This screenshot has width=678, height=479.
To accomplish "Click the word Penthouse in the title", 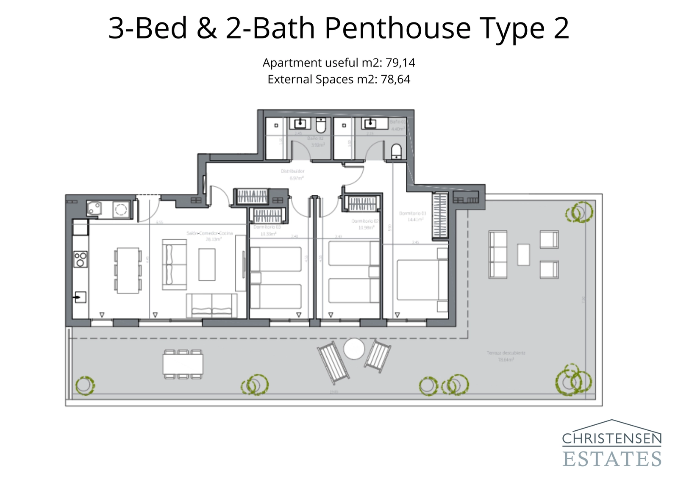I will pos(397,29).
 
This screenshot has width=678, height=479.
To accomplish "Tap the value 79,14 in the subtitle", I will pos(400,63).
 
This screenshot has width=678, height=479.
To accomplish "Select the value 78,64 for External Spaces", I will pos(395,80).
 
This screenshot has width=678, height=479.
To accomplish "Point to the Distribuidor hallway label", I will pos(292,172).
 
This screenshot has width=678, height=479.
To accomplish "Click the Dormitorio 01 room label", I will pos(412,213).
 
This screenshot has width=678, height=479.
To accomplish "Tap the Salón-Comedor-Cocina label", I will pos(210,233).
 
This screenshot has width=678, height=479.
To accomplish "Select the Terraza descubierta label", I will pos(506,353).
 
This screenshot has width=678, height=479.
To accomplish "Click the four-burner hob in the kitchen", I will pos(81,259).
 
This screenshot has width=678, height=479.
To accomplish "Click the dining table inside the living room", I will pos(128,270).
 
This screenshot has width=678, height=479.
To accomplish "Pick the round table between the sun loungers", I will pos(354,349).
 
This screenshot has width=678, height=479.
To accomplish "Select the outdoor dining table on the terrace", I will pos(183,364).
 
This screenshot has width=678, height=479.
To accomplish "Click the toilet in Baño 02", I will pos(321,125).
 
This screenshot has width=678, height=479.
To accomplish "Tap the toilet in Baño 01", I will pos(396,151).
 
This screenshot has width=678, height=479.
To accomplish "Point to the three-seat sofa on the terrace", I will pos(497,254).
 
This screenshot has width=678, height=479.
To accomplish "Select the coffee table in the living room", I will pos(207,264).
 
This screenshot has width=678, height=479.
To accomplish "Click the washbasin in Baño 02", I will pos(300,124).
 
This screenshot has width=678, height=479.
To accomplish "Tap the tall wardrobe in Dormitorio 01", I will pos(440,216).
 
